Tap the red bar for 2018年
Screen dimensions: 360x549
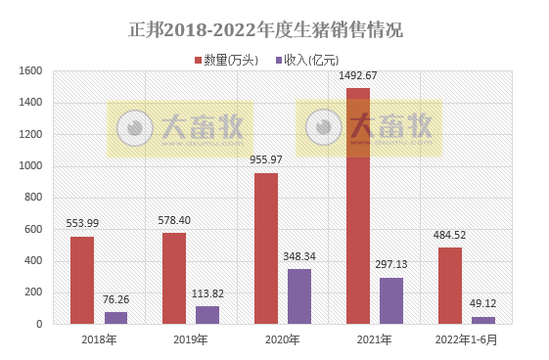[x=82, y=280]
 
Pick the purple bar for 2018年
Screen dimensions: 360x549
[x=115, y=318]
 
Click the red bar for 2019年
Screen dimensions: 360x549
[x=174, y=278]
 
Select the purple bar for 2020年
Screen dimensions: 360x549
[x=299, y=296]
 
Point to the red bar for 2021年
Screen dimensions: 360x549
[x=358, y=206]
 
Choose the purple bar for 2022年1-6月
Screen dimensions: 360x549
[x=483, y=320]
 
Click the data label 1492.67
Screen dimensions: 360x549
[x=358, y=75]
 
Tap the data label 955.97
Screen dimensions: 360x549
[x=266, y=159]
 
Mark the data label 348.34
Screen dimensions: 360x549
[x=299, y=255]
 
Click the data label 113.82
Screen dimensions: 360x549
[x=207, y=292]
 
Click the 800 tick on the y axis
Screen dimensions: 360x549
[x=31, y=198]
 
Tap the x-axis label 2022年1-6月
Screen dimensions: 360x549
[x=467, y=339]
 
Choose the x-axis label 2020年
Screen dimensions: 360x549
[x=283, y=339]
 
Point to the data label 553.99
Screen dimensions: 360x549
[x=82, y=223]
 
